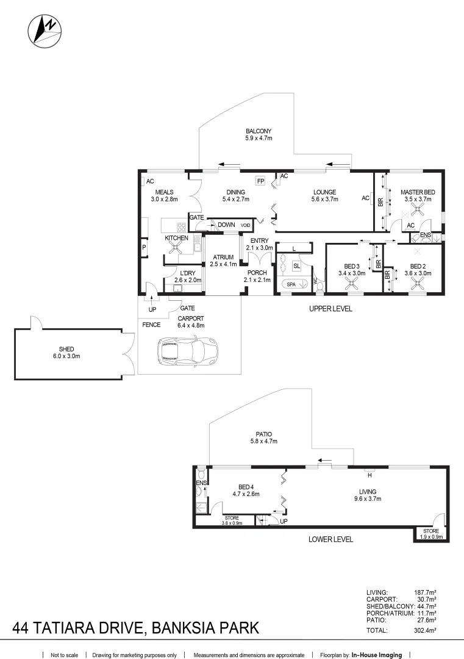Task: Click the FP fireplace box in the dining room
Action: (260, 181)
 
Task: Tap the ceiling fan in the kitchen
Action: (176, 247)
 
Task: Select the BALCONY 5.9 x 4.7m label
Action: (259, 135)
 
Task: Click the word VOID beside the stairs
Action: (244, 225)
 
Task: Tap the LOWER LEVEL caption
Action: (331, 539)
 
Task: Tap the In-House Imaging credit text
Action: (376, 655)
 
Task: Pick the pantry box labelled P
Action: (144, 247)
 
